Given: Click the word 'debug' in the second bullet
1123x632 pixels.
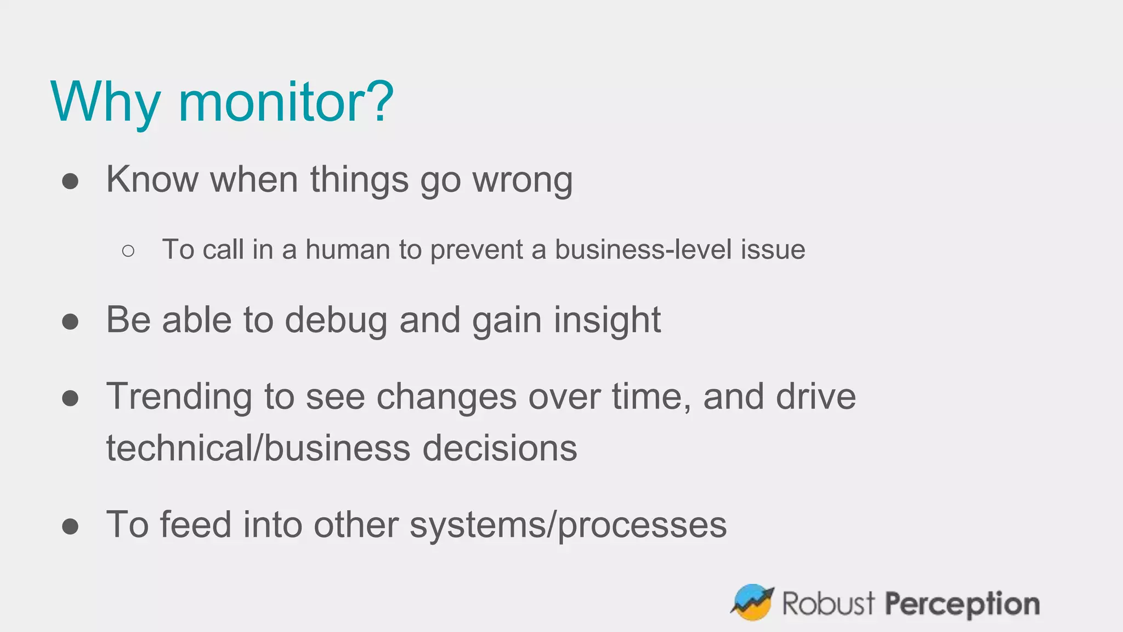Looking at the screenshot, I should click(x=336, y=320).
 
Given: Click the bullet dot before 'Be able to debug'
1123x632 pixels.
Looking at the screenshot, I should click(x=70, y=321).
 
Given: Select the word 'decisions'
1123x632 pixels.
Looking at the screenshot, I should click(x=499, y=448).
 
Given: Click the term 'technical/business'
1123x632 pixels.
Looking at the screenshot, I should click(x=258, y=448).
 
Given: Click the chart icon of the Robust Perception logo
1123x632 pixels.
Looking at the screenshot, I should click(x=752, y=602).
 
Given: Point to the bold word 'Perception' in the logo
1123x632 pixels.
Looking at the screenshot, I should click(x=962, y=605).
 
